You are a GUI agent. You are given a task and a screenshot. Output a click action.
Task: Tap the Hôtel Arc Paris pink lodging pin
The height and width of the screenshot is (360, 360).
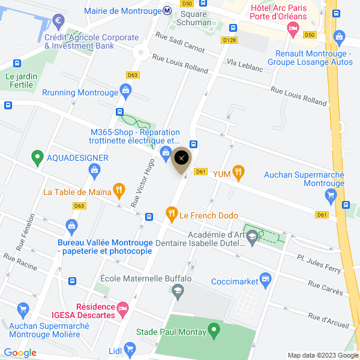293,29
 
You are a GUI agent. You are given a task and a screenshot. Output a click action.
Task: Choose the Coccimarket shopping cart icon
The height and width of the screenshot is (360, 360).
265,280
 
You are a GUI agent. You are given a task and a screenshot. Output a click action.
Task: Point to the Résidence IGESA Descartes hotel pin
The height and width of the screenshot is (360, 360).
123,308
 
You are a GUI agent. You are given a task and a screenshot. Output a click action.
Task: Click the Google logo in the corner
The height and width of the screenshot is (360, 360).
20,353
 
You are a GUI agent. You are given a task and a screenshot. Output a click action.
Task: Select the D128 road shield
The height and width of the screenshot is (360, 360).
229,40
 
